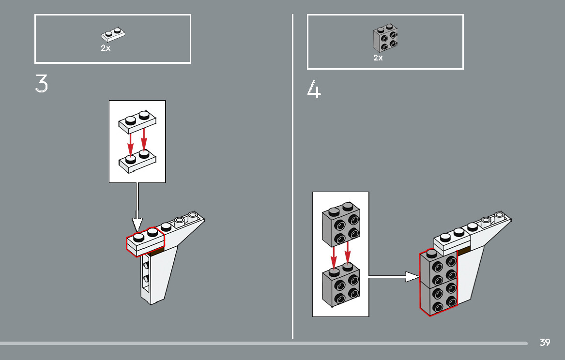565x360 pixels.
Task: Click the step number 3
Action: [x=42, y=84]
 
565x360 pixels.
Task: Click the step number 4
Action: [x=314, y=90]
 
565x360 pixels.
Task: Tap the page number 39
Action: [x=545, y=343]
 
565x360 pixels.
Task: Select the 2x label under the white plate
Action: [x=106, y=48]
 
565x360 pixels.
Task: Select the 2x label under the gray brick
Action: [x=378, y=58]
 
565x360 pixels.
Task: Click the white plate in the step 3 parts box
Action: [x=113, y=35]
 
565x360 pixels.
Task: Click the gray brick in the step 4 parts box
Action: [x=385, y=38]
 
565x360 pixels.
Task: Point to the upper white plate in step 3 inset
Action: [x=137, y=121]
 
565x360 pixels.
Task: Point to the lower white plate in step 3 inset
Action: [x=137, y=161]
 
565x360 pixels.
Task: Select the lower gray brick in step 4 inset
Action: [x=340, y=284]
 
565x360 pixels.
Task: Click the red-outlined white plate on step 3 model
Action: [x=145, y=241]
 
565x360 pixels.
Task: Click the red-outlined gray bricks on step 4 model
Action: [x=439, y=283]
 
